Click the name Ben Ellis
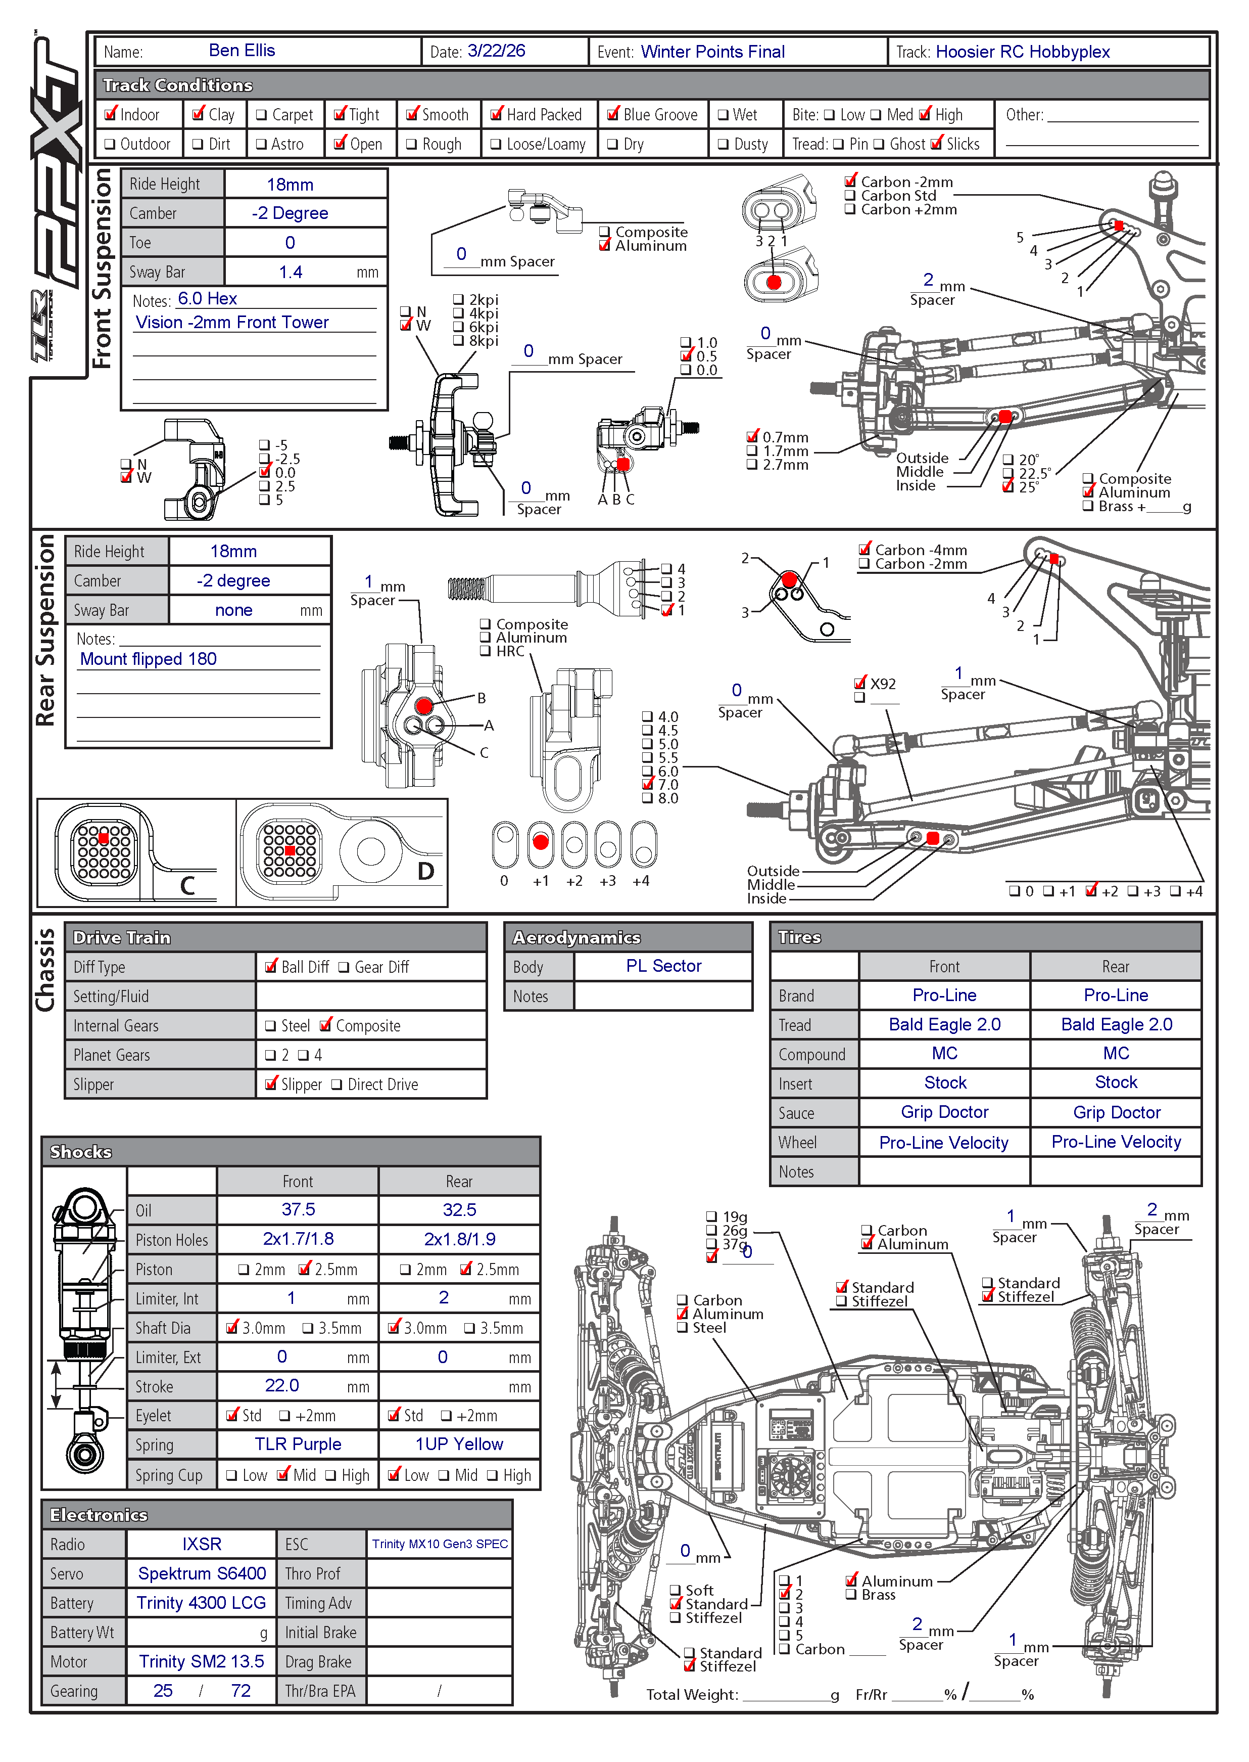pos(242,51)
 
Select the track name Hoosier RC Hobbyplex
pos(1022,52)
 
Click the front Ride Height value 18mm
pos(290,185)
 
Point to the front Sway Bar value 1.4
pos(291,272)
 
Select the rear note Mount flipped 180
pos(149,659)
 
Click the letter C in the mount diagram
pos(187,886)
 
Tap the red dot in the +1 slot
pos(541,842)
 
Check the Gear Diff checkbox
pos(344,967)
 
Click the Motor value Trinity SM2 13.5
pos(202,1661)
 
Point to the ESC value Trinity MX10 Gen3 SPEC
pos(440,1544)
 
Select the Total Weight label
pos(691,1694)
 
